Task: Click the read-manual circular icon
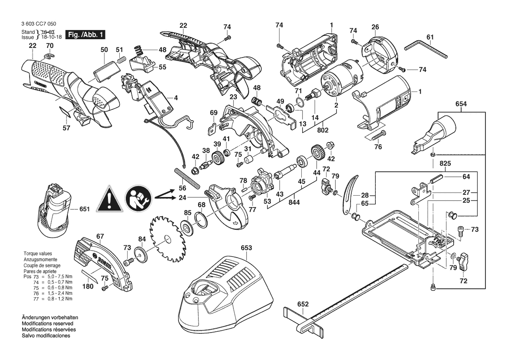138,197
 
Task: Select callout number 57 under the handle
66,129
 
